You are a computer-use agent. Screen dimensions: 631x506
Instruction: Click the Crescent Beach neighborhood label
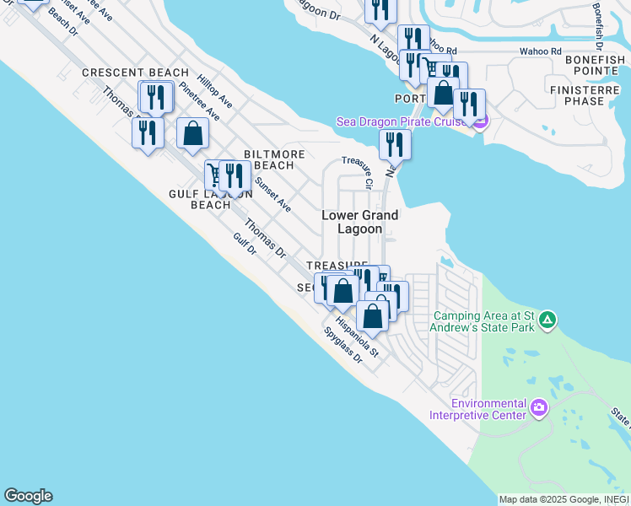tap(135, 73)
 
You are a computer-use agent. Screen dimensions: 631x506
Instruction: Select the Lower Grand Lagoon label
tap(359, 222)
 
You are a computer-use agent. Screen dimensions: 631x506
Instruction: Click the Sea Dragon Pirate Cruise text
tap(402, 121)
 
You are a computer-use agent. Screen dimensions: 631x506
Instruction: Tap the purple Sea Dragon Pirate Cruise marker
tap(480, 122)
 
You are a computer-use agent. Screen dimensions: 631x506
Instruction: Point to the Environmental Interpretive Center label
tap(478, 409)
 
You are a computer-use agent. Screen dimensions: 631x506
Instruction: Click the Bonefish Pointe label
tap(595, 67)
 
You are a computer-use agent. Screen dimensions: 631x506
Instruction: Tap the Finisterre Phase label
tap(589, 95)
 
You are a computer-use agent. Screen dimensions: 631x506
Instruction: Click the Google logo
tap(28, 496)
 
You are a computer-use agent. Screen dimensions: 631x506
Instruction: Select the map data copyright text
tap(564, 499)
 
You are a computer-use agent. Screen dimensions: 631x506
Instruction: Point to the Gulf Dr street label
tap(246, 246)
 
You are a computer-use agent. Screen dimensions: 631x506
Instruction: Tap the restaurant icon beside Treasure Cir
tap(395, 144)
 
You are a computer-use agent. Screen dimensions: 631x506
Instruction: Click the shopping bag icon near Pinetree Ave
tap(193, 133)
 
